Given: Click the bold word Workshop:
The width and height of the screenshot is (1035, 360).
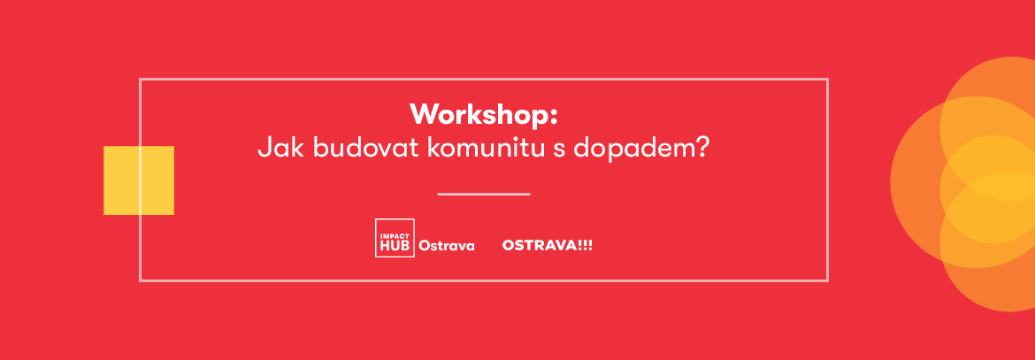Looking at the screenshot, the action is tap(484, 115).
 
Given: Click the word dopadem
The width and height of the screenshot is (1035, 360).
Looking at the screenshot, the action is tap(632, 148).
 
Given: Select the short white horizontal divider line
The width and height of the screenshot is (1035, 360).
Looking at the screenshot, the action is tap(484, 195).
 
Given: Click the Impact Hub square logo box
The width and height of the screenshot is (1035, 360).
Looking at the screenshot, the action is tap(395, 237).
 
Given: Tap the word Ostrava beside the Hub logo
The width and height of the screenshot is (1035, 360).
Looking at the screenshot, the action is tap(446, 247).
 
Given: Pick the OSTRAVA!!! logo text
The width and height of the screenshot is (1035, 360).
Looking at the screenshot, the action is tap(548, 245).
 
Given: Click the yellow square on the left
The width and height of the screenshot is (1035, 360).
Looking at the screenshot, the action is tap(139, 180).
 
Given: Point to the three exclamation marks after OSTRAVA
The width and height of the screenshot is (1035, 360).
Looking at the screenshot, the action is tap(585, 245).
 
